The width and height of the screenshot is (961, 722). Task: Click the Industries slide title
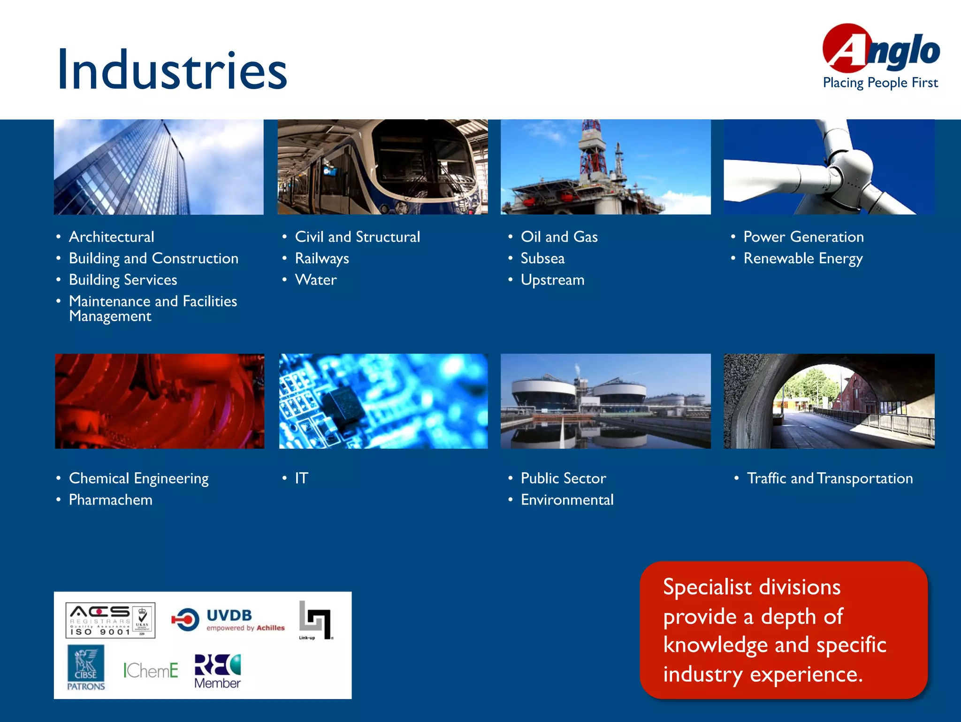[x=172, y=70]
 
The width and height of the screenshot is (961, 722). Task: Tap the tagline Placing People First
[x=880, y=83]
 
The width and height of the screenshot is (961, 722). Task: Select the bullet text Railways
[x=321, y=259]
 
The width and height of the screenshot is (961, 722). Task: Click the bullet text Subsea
[x=542, y=259]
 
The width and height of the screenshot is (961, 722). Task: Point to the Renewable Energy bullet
[x=803, y=259]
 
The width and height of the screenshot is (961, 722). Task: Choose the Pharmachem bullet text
[x=110, y=500]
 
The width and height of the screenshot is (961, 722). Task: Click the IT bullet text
[x=301, y=478]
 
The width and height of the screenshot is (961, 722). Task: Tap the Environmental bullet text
[x=567, y=500]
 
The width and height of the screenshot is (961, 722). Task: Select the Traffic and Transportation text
[x=830, y=478]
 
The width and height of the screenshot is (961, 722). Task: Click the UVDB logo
[x=229, y=620]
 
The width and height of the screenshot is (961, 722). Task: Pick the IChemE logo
[x=151, y=670]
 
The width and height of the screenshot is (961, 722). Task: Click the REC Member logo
[x=217, y=671]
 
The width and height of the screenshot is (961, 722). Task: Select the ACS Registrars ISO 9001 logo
[x=110, y=620]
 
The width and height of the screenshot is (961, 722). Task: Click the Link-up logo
[x=315, y=620]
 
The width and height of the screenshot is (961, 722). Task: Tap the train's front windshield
[x=422, y=155]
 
